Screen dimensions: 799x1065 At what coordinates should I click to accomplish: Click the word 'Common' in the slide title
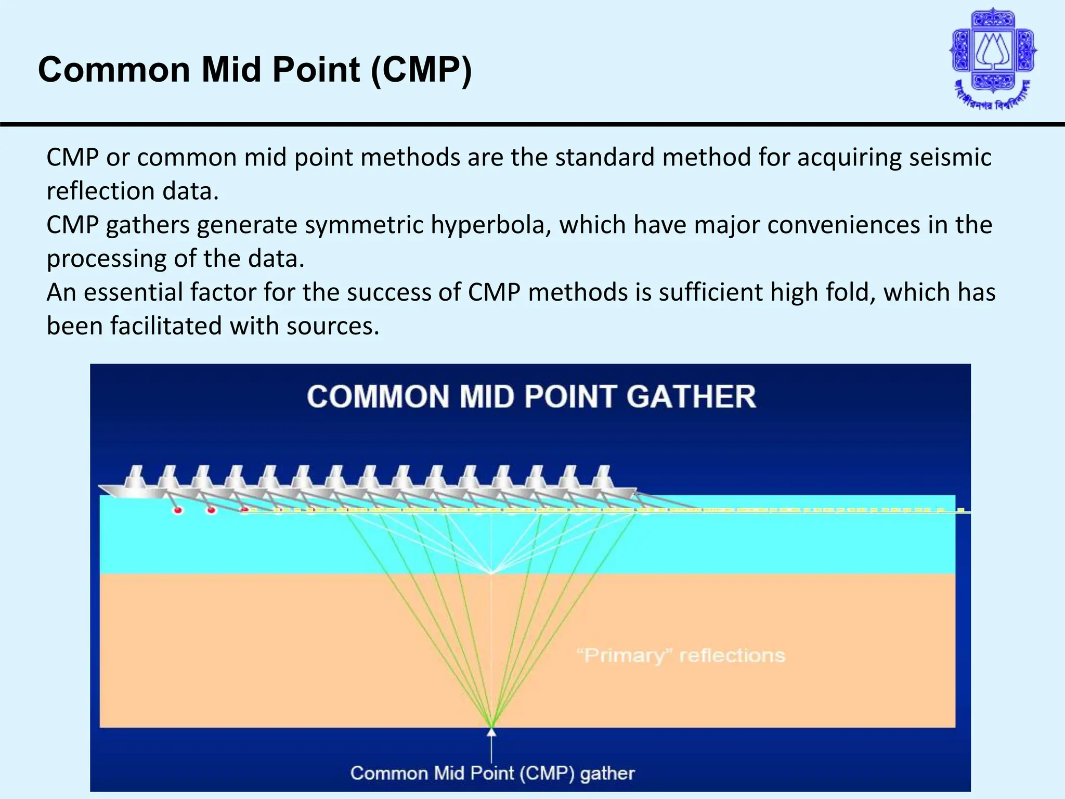click(115, 70)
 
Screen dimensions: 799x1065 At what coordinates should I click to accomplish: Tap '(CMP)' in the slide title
click(421, 70)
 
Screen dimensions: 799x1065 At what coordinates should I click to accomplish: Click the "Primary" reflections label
click(681, 655)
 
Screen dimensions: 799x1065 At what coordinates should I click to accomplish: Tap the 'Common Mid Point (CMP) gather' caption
click(492, 773)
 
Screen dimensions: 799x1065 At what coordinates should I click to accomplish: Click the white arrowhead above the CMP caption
click(491, 733)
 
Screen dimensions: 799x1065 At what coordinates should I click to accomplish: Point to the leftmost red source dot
click(178, 511)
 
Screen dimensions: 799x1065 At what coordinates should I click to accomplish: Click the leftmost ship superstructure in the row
click(136, 475)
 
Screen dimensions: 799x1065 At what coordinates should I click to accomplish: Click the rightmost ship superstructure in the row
click(603, 475)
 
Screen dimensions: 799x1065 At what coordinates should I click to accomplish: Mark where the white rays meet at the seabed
click(491, 573)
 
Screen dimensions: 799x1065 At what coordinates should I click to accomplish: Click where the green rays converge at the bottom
click(491, 726)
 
